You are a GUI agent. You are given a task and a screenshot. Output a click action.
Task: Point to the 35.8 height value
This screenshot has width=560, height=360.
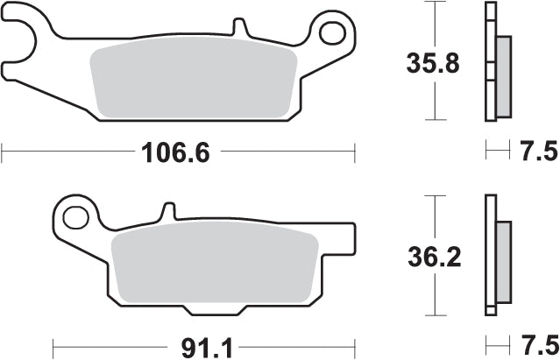point(430,64)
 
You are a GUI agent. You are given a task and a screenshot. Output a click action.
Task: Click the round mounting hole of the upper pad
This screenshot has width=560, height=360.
point(333,34)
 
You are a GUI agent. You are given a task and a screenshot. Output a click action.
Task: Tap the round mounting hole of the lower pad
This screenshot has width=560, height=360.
point(77,215)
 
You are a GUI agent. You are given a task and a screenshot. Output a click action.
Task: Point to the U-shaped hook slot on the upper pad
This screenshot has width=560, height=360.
point(25,35)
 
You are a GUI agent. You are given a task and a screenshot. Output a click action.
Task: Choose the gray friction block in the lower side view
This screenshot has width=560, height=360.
point(504,263)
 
